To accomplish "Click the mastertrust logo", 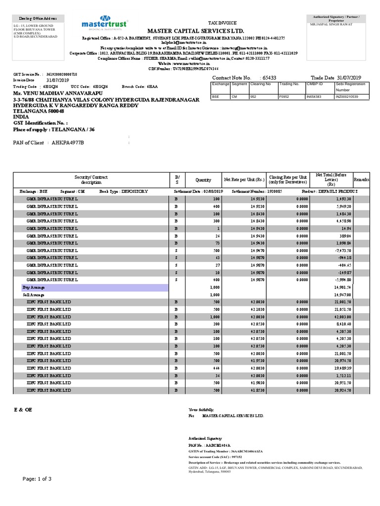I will [104, 25].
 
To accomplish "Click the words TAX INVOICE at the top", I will [222, 23].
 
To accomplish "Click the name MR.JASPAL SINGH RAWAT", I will [331, 24].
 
